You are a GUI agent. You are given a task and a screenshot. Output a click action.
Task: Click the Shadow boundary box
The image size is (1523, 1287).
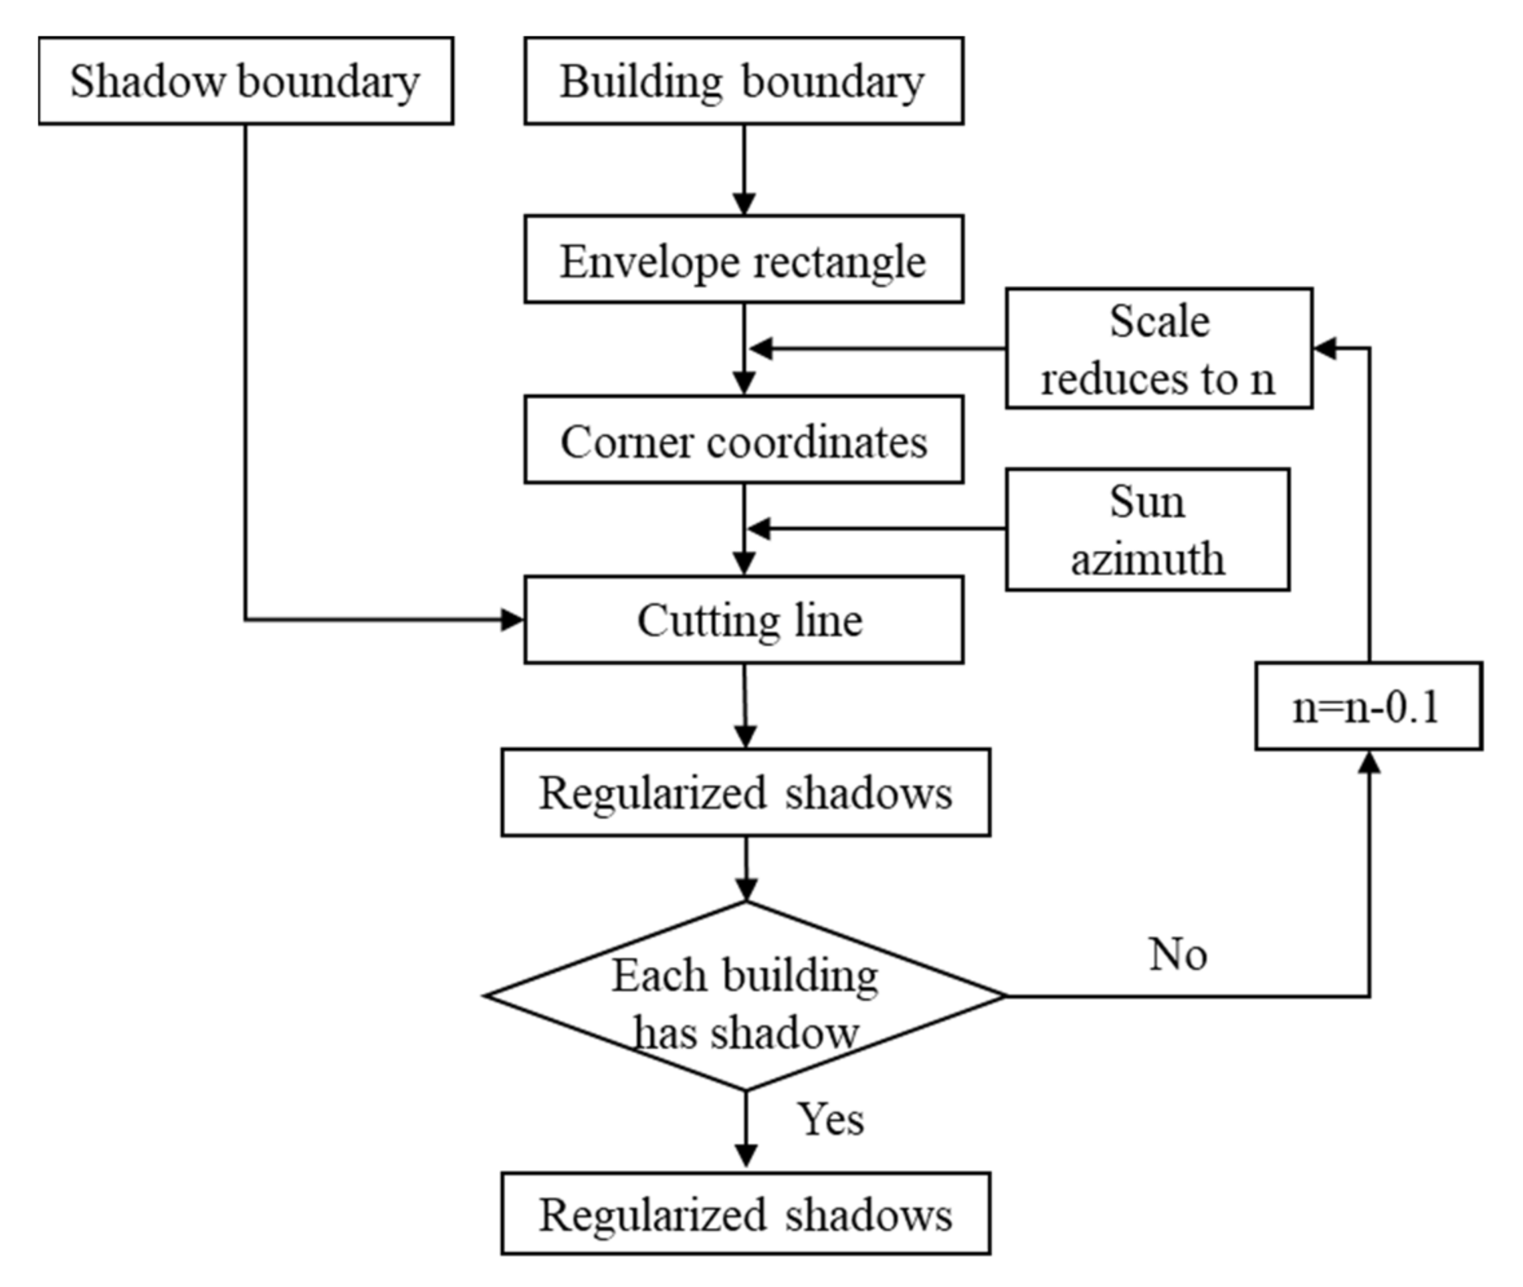(x=246, y=81)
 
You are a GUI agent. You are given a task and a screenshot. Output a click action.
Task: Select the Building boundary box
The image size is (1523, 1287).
(x=743, y=81)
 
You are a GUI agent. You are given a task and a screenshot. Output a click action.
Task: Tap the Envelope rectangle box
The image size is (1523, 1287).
(x=743, y=259)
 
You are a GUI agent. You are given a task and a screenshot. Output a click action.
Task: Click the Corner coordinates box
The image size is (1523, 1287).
(x=743, y=440)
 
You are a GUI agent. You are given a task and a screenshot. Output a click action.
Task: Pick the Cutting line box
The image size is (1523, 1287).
(x=743, y=620)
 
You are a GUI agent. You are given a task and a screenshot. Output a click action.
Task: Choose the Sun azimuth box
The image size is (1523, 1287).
(x=1147, y=530)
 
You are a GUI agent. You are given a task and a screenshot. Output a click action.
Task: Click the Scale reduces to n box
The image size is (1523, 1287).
(x=1159, y=348)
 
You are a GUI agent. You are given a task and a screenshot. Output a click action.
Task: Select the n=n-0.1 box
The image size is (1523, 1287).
(x=1368, y=706)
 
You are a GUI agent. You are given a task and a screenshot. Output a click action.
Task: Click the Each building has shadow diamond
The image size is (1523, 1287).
(x=744, y=996)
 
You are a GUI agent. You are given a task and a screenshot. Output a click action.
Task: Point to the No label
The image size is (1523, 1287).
(x=1178, y=955)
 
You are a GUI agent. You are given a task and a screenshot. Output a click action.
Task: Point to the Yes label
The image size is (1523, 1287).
(x=831, y=1119)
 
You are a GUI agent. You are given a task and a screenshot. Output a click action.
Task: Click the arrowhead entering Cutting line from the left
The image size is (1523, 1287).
(x=513, y=620)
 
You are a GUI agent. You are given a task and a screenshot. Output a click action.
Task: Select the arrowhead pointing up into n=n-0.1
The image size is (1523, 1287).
(x=1370, y=763)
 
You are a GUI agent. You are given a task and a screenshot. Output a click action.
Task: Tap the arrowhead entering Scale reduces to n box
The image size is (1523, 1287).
(x=1324, y=349)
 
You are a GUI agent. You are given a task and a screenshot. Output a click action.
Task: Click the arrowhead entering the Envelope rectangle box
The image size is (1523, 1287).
(x=744, y=203)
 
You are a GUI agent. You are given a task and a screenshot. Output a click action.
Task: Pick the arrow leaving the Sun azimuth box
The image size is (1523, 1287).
(x=876, y=529)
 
